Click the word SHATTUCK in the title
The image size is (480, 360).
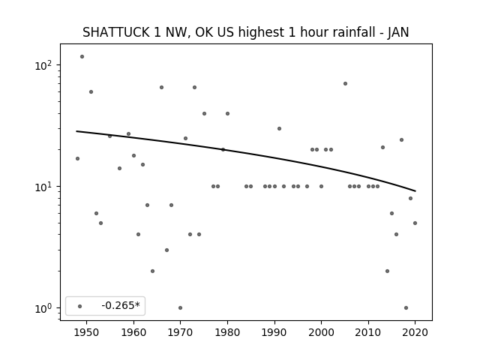(115, 32)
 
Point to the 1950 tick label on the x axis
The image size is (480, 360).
(87, 332)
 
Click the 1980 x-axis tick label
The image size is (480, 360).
(227, 332)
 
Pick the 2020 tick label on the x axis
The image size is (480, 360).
(415, 332)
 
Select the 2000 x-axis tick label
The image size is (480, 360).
(321, 332)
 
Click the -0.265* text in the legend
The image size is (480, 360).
(121, 305)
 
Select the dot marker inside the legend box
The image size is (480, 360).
(80, 306)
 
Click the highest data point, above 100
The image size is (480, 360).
(82, 57)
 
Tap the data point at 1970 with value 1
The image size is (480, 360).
(180, 307)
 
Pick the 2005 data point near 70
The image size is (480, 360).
(345, 83)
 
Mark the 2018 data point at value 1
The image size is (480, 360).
(406, 307)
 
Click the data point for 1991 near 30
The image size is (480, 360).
(279, 128)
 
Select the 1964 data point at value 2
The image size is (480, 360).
(152, 271)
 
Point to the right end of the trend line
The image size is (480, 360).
(415, 191)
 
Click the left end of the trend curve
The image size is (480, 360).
(76, 131)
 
